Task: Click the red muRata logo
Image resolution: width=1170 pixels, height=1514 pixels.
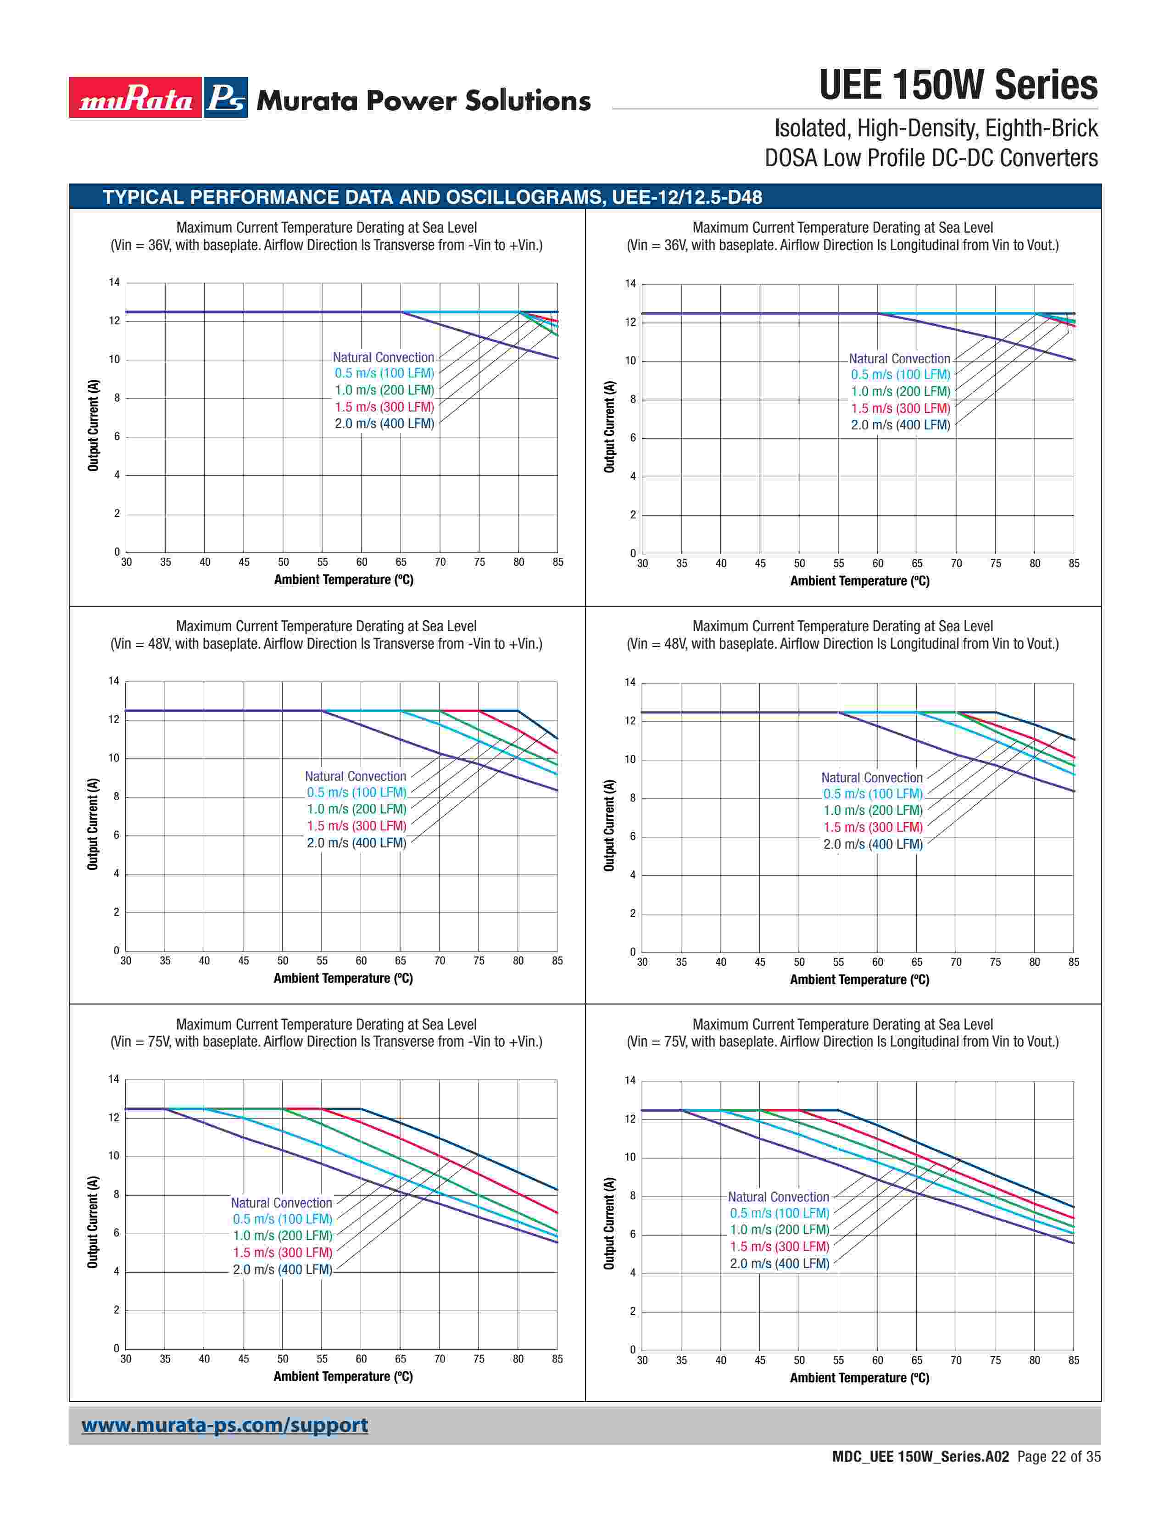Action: click(x=135, y=98)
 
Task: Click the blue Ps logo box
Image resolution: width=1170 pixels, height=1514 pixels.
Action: click(x=226, y=98)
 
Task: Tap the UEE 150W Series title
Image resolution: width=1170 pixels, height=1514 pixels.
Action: click(x=958, y=85)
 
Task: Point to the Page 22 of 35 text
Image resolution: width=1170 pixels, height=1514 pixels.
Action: click(x=1059, y=1457)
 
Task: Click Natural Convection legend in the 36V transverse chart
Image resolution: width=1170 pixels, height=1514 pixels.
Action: click(x=383, y=357)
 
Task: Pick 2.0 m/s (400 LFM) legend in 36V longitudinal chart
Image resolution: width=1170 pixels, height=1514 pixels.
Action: click(x=900, y=425)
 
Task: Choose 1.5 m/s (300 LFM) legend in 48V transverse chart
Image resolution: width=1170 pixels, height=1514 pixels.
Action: click(x=356, y=826)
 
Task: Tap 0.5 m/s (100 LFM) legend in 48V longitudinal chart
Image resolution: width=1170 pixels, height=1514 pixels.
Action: click(x=873, y=794)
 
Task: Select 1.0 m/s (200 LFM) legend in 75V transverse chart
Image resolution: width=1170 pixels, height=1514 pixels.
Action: click(x=282, y=1236)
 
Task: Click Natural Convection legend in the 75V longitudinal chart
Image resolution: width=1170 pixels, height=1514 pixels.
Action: click(x=778, y=1197)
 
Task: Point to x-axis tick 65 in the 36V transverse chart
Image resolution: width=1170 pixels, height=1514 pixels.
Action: click(x=401, y=562)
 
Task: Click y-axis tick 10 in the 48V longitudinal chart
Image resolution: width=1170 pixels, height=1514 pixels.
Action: click(x=630, y=760)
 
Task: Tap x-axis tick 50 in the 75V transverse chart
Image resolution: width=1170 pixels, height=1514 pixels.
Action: click(x=283, y=1359)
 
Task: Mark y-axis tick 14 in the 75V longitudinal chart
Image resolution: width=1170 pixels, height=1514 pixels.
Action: click(x=630, y=1080)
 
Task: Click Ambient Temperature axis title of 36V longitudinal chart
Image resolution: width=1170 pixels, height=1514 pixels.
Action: click(x=859, y=581)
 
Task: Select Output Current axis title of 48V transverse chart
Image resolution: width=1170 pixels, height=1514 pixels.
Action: click(x=93, y=824)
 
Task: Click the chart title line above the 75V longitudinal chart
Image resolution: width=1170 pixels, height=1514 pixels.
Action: click(x=842, y=1024)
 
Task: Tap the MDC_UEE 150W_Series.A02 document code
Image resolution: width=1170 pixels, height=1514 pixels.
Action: click(x=920, y=1457)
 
